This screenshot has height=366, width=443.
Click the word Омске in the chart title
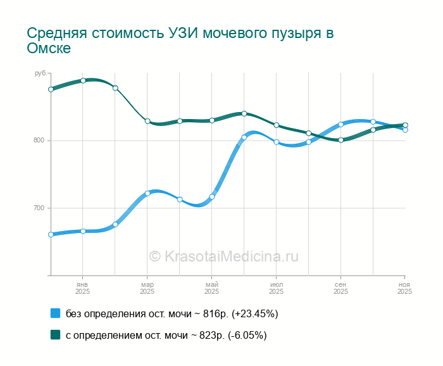click(49, 49)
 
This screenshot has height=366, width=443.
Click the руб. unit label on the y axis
click(41, 74)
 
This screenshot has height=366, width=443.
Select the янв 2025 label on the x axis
click(83, 288)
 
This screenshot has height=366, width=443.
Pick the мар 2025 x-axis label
click(147, 288)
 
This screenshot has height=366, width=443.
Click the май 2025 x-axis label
click(212, 288)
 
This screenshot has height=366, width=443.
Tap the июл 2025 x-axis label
click(277, 288)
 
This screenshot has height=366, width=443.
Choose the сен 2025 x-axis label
click(340, 288)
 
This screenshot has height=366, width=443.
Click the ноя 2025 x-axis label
click(405, 288)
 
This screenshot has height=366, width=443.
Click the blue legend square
click(55, 313)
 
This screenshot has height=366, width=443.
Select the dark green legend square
click(55, 336)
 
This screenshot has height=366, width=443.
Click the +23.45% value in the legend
click(255, 313)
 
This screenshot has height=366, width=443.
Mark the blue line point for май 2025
click(212, 196)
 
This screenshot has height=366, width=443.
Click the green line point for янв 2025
click(83, 80)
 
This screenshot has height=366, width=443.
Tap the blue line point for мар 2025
click(147, 193)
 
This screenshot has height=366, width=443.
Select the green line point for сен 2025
click(340, 140)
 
